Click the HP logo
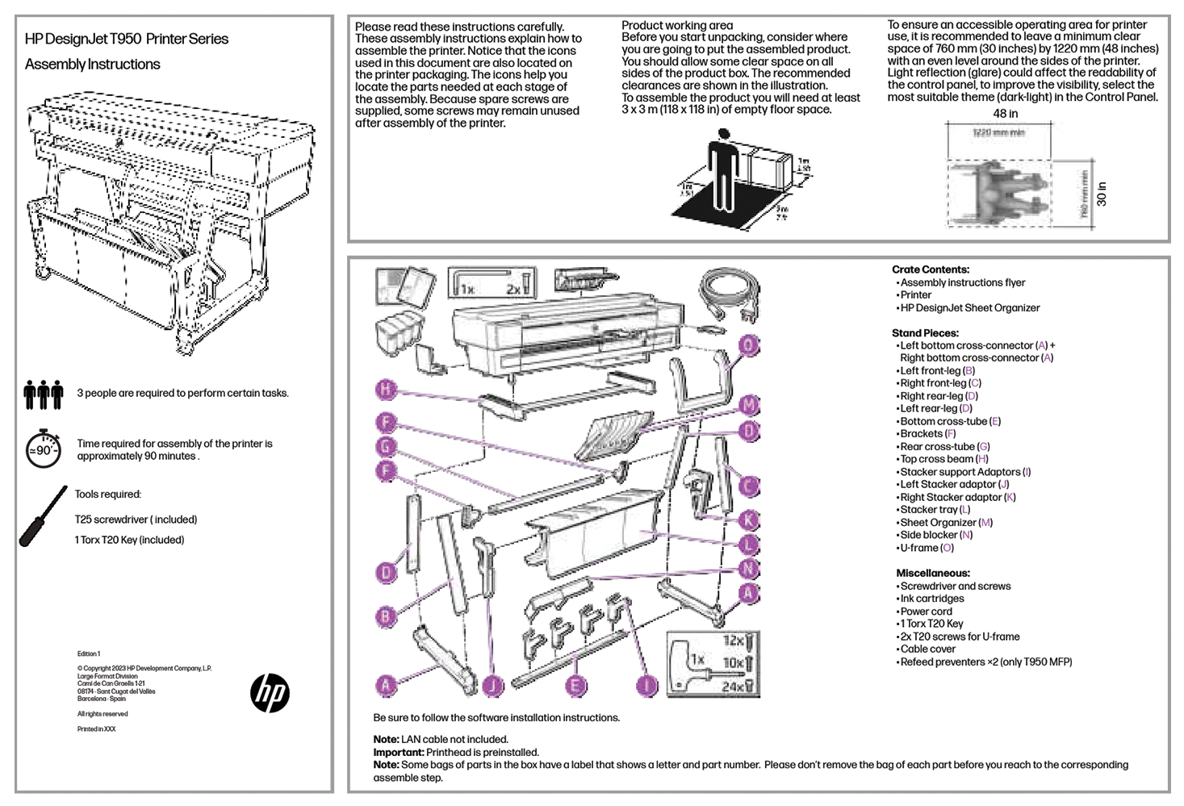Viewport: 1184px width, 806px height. click(270, 692)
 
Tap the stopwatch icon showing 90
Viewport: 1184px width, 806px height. click(44, 449)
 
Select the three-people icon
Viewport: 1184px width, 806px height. click(44, 395)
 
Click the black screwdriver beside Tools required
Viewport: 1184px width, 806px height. click(44, 516)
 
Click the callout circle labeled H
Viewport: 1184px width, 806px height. click(387, 390)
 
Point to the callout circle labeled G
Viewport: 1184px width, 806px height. click(387, 447)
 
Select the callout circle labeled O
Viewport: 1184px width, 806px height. click(749, 345)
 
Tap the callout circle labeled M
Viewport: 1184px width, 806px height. click(749, 405)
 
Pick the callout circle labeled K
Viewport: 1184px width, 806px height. click(749, 520)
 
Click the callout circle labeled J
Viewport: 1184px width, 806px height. click(492, 686)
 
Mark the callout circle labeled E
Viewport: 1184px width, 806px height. click(575, 686)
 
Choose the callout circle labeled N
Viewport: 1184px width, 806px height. click(749, 568)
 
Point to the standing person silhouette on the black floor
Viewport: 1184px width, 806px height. click(724, 170)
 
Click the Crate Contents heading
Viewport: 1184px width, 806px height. click(931, 269)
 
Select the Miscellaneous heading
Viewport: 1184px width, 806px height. click(932, 573)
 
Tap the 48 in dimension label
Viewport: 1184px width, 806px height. click(1005, 114)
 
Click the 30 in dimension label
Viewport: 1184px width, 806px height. click(1102, 194)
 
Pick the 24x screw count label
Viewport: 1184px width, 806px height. click(733, 687)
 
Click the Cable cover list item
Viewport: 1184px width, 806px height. click(927, 649)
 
